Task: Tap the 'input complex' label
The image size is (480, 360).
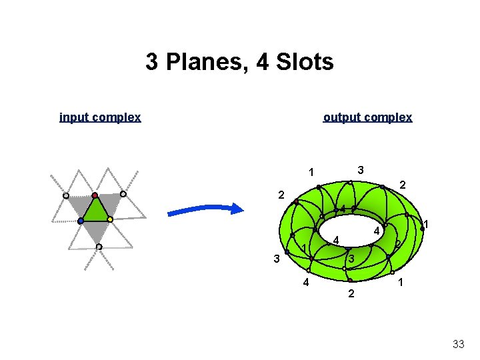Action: click(100, 117)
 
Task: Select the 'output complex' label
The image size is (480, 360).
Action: click(367, 117)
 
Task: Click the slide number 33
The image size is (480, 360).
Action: click(458, 344)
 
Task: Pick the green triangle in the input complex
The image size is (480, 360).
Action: click(95, 211)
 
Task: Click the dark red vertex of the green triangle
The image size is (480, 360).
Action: click(95, 195)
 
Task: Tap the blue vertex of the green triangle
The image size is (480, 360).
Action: click(80, 221)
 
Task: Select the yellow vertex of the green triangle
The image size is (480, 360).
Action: click(110, 219)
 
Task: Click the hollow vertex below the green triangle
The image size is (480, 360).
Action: click(99, 247)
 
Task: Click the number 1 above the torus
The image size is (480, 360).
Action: click(311, 173)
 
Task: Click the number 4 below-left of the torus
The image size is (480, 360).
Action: click(305, 283)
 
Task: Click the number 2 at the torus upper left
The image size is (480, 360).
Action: click(281, 195)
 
